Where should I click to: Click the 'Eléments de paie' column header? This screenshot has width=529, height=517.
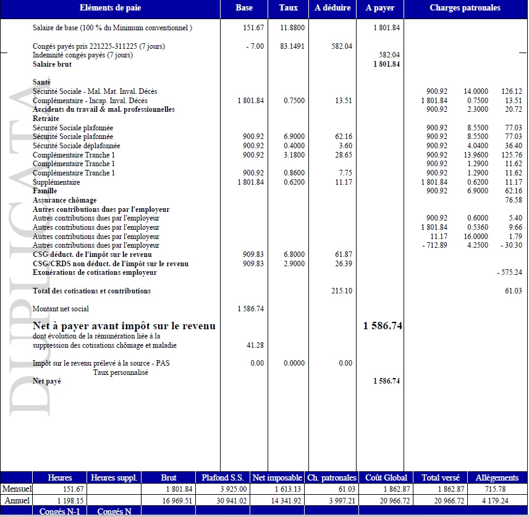pos(110,8)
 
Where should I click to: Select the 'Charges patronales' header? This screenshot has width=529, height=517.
pos(465,8)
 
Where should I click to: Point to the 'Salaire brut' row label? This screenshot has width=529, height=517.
pos(52,64)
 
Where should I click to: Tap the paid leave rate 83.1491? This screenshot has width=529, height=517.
pos(292,46)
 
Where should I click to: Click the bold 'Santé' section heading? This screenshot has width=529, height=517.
pos(42,82)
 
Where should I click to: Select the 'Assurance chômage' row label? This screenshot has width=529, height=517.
pos(64,200)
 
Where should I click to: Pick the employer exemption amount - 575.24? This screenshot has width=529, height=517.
pos(509,272)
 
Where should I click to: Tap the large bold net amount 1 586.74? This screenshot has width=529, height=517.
pos(383,326)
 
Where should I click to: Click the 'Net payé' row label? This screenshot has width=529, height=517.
pos(46,381)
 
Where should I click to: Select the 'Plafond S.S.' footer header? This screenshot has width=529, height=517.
pos(223,477)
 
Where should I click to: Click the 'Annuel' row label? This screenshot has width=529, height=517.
pos(16,500)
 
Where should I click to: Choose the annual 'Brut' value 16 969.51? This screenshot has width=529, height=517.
pos(177,500)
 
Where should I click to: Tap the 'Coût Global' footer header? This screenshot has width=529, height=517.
pos(386,477)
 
